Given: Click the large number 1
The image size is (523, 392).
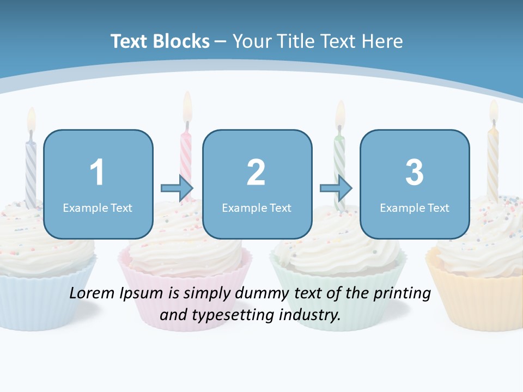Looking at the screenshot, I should point(97,173).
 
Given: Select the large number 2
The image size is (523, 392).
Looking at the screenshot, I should point(256,173).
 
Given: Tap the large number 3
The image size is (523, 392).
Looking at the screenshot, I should point(415,173).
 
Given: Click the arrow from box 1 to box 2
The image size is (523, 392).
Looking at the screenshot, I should point(177,188).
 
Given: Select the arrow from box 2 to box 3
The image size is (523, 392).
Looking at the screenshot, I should point(336,188).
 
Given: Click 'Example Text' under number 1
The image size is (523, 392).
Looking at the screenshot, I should point(98,207).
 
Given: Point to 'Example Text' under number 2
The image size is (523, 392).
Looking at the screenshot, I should point(257,207).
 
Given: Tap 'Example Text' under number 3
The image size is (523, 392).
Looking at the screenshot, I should point(415,207).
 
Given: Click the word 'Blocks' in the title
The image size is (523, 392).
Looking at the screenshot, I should point(181,41).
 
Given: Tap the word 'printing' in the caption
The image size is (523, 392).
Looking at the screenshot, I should point(403,293).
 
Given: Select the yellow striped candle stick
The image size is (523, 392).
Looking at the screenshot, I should point(493,163).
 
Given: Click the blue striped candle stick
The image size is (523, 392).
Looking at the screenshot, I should point(31,169).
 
